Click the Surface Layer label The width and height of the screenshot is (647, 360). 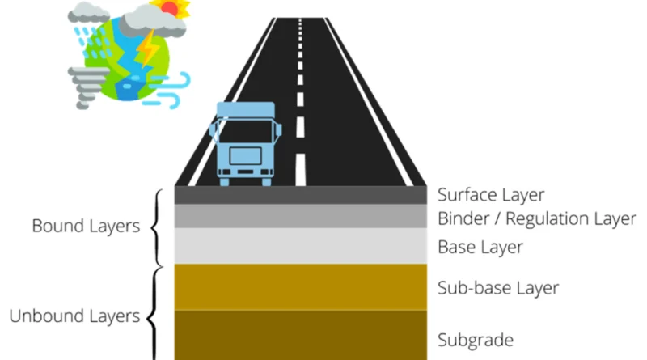(x=491, y=195)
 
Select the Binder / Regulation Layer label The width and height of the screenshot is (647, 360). (x=537, y=218)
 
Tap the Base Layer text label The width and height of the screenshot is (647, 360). (x=480, y=247)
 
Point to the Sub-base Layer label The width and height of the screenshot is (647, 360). (x=497, y=287)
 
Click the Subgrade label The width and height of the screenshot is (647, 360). (x=476, y=339)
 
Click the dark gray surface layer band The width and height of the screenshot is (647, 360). (x=301, y=195)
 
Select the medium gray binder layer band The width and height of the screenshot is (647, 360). (x=301, y=216)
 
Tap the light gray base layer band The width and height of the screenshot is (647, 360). (x=301, y=245)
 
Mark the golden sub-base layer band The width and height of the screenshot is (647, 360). (x=301, y=286)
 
